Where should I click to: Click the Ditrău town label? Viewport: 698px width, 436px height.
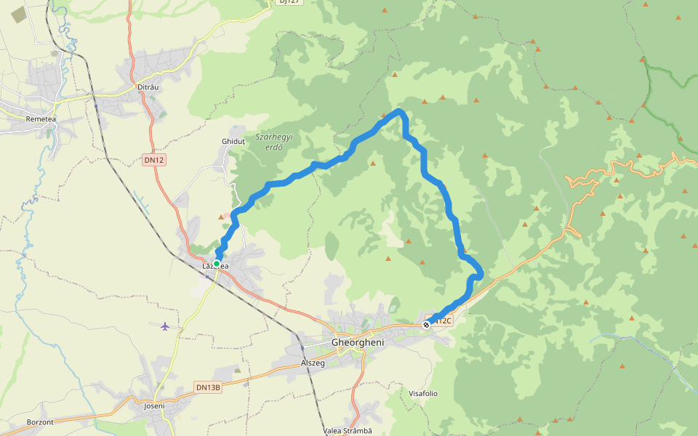pyautogui.click(x=148, y=87)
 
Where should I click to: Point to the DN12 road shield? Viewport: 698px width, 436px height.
pyautogui.click(x=154, y=160)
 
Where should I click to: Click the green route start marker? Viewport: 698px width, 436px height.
pyautogui.click(x=217, y=264)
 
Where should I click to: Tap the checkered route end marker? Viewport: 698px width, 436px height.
pyautogui.click(x=426, y=325)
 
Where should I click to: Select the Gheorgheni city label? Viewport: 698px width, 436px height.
pyautogui.click(x=356, y=342)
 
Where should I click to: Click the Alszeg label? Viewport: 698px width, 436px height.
pyautogui.click(x=313, y=362)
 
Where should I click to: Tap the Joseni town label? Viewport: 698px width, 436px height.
pyautogui.click(x=155, y=405)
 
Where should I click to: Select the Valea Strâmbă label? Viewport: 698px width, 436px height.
pyautogui.click(x=348, y=430)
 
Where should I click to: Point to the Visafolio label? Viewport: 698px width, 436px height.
pyautogui.click(x=423, y=393)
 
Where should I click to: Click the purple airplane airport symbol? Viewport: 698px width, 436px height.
pyautogui.click(x=166, y=326)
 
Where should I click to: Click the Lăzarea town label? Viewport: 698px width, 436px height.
pyautogui.click(x=215, y=266)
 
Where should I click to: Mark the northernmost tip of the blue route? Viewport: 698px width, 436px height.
pyautogui.click(x=399, y=110)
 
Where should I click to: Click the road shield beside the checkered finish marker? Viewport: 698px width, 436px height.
pyautogui.click(x=444, y=320)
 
